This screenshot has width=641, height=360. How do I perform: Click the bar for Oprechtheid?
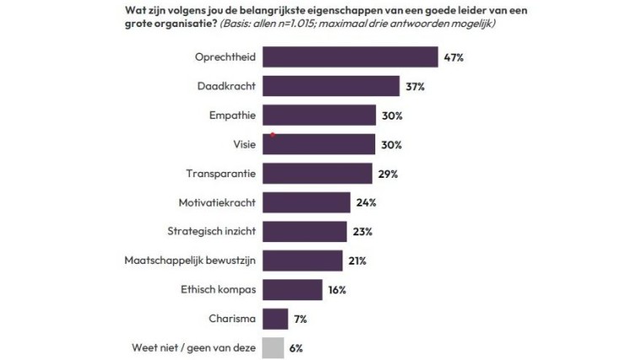tap(350, 57)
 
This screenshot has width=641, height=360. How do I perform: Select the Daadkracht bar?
tap(331, 86)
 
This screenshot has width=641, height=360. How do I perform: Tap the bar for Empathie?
tap(319, 116)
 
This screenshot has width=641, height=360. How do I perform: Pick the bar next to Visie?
tap(319, 144)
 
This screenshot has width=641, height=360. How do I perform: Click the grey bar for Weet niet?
tap(273, 347)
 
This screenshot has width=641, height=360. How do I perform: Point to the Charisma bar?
tap(276, 319)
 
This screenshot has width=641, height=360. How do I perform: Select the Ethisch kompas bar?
tap(292, 289)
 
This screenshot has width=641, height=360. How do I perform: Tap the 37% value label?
tap(415, 87)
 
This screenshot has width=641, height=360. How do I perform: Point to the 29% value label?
tap(387, 174)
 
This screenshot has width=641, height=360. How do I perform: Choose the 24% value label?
tap(366, 203)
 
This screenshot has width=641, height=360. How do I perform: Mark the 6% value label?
tap(295, 347)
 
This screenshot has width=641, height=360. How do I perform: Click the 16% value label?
tap(337, 290)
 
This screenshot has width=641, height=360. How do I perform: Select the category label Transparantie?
tap(221, 174)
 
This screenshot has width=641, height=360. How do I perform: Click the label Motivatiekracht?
tap(218, 202)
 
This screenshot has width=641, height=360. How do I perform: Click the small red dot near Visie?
tap(272, 134)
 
